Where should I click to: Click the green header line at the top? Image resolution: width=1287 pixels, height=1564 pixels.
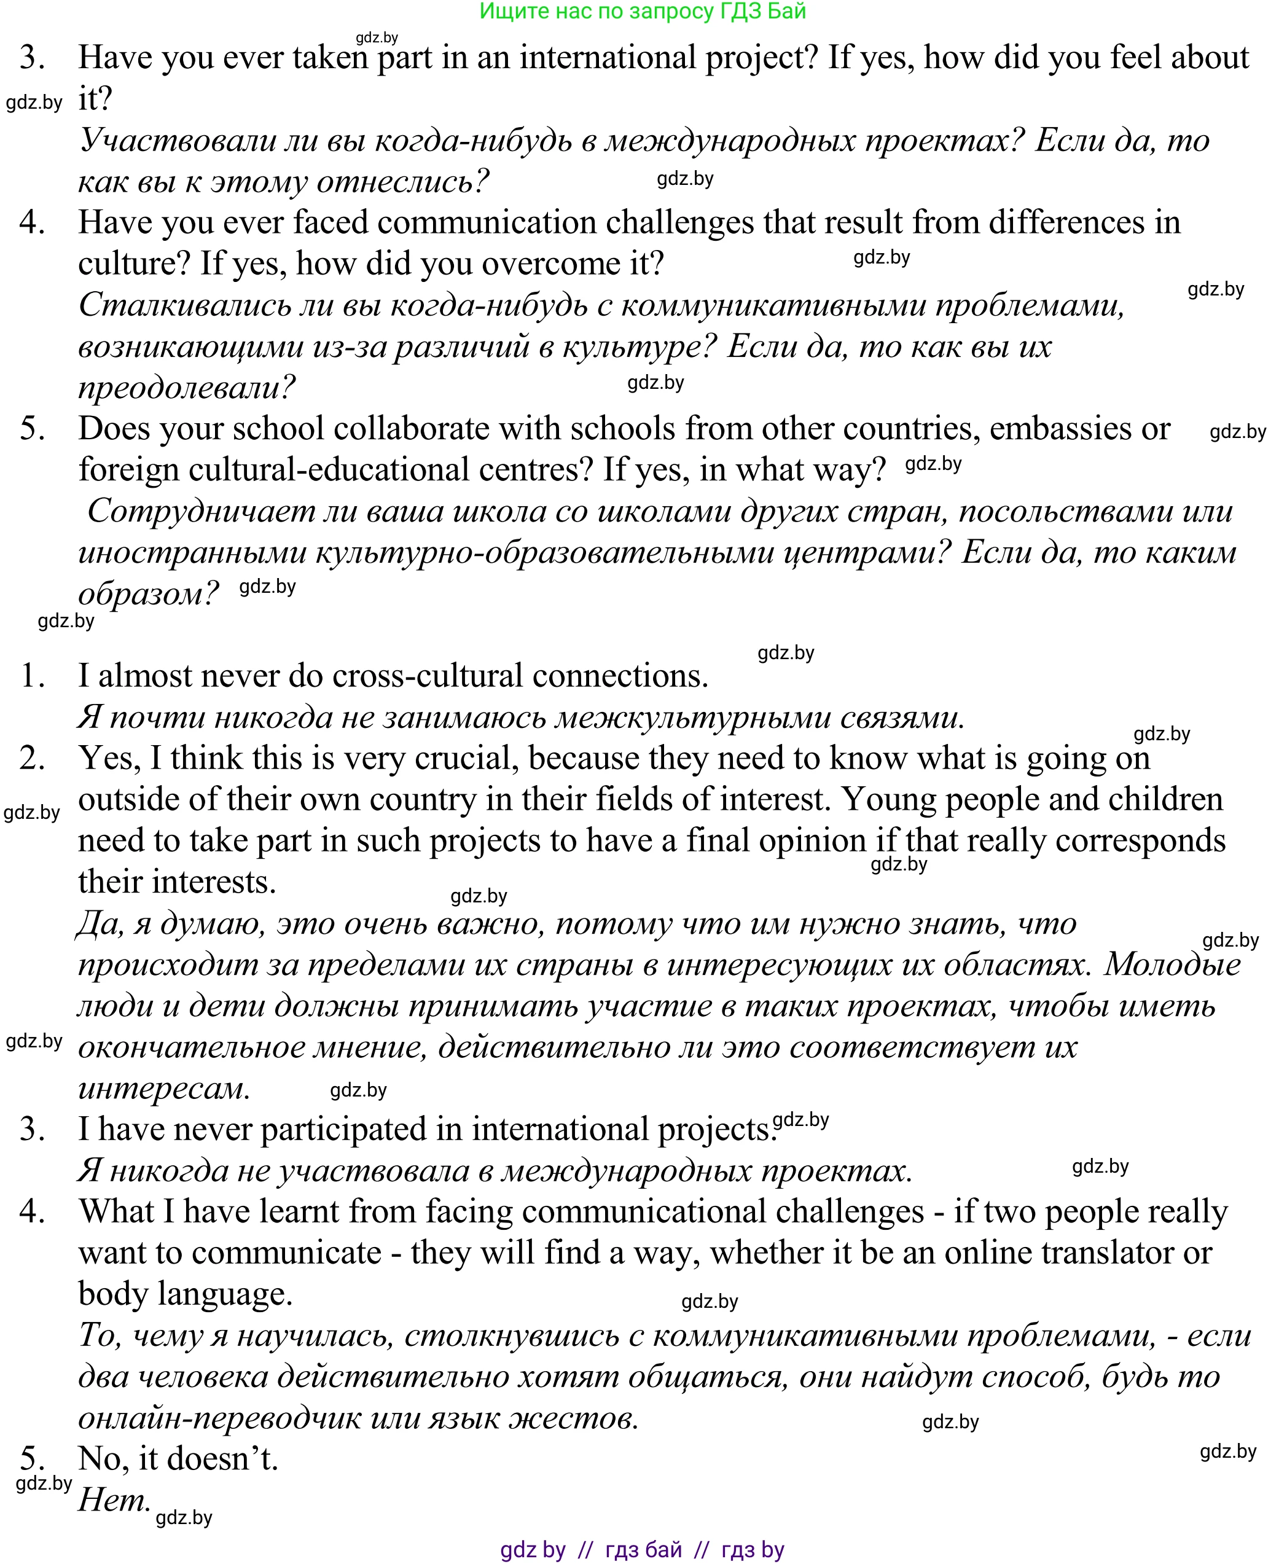(642, 11)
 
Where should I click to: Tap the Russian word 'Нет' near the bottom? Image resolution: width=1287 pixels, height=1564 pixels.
(114, 1501)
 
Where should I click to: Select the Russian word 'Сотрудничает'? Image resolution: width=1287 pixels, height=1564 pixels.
(201, 512)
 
